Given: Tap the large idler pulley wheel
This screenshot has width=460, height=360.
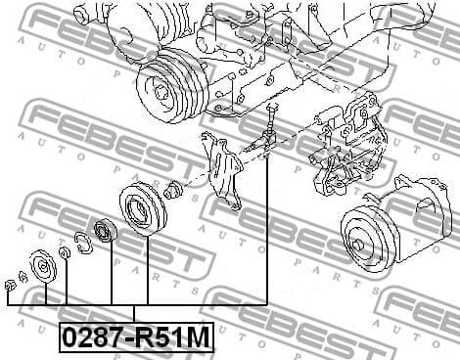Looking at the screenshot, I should click(x=137, y=207).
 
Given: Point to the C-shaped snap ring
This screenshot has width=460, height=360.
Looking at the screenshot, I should click(x=82, y=241).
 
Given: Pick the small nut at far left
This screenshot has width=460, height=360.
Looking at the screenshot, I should click(x=9, y=285).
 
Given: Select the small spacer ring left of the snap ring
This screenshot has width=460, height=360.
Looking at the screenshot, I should click(x=64, y=253).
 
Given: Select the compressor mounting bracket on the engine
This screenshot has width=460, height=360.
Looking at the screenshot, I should click(x=343, y=147).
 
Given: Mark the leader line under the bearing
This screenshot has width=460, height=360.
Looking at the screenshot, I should click(x=111, y=279).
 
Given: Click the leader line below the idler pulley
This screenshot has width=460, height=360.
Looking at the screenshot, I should click(x=148, y=269).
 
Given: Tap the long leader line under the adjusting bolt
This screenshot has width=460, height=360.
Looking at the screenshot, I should click(x=267, y=235).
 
